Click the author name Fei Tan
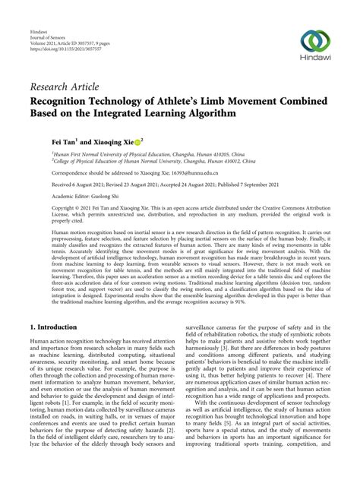[x=43, y=141]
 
